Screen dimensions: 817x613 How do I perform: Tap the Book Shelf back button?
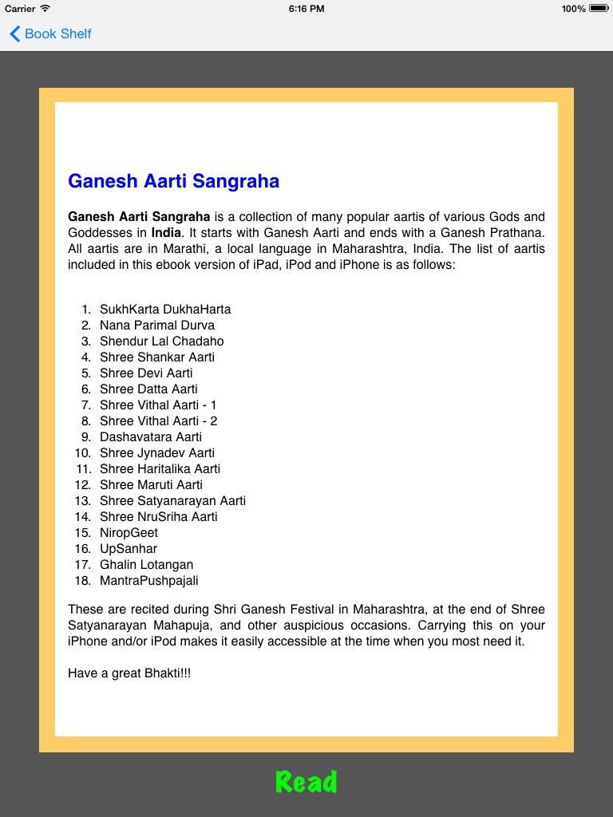[x=50, y=34]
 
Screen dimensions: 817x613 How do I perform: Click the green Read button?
[x=306, y=782]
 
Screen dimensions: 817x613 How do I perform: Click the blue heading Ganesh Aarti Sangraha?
[x=173, y=181]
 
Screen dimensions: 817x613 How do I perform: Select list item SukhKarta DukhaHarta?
[x=165, y=309]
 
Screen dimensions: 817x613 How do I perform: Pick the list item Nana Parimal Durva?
[x=157, y=325]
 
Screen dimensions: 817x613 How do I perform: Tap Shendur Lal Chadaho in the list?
[x=161, y=341]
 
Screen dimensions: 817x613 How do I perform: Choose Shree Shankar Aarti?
[x=157, y=357]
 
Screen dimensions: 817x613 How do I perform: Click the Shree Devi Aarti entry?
[x=146, y=373]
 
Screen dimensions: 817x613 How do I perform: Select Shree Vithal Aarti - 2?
[x=159, y=420]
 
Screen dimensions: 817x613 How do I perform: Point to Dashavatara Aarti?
[x=151, y=436]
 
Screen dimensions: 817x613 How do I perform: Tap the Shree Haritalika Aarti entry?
[x=160, y=468]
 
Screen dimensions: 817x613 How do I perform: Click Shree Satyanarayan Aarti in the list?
[x=172, y=500]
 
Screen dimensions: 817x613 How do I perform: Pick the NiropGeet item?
[x=129, y=532]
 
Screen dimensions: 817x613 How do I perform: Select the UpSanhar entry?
[x=129, y=548]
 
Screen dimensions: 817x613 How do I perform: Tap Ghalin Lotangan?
[x=146, y=564]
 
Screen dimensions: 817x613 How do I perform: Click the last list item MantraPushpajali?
[x=149, y=580]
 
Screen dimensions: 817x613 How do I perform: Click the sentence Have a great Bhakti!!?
[x=129, y=673]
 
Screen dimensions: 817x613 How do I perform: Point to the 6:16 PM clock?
[x=306, y=8]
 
